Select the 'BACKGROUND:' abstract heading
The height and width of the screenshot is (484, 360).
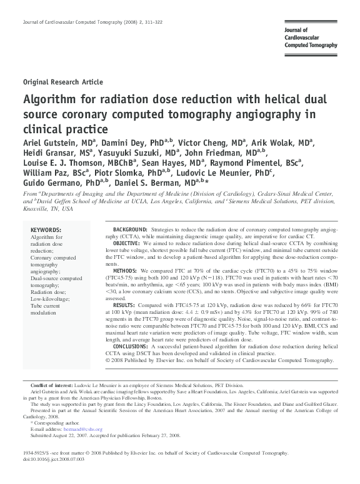(130, 230)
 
